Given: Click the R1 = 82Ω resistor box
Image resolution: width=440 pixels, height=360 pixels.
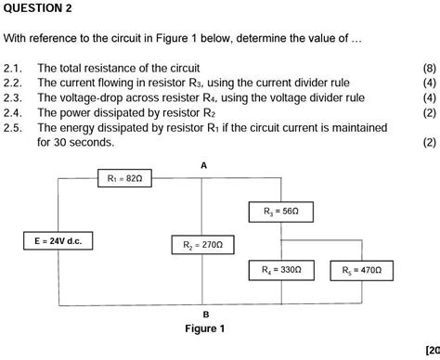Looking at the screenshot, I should pyautogui.click(x=124, y=177).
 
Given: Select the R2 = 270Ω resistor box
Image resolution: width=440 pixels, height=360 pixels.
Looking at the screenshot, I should pyautogui.click(x=203, y=245).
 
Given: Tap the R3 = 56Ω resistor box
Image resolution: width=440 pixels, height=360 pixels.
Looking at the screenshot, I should pyautogui.click(x=280, y=212).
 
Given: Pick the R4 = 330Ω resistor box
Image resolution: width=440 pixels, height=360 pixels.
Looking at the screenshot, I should pyautogui.click(x=281, y=271).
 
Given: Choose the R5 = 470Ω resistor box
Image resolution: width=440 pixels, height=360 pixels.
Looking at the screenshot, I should pyautogui.click(x=361, y=271).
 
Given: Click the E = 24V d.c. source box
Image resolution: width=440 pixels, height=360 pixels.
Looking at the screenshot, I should pyautogui.click(x=58, y=241).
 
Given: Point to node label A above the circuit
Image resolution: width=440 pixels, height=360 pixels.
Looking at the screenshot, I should pyautogui.click(x=204, y=163).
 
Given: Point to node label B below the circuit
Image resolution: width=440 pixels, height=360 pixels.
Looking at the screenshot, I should pyautogui.click(x=206, y=314).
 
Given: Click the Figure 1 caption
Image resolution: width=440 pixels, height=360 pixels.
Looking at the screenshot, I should pyautogui.click(x=205, y=328).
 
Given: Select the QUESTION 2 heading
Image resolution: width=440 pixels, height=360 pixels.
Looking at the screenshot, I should pyautogui.click(x=37, y=8).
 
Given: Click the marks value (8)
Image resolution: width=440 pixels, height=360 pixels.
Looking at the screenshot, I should pyautogui.click(x=428, y=69).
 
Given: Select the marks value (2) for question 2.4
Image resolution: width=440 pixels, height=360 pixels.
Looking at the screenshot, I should pyautogui.click(x=428, y=112).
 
